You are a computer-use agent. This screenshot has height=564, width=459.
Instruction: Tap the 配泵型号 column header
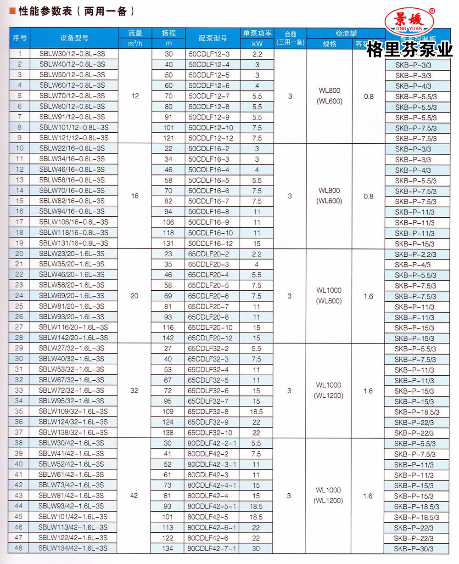point(213,38)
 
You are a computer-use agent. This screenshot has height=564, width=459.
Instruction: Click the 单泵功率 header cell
point(257,33)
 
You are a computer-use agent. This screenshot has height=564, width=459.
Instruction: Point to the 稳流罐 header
point(346,33)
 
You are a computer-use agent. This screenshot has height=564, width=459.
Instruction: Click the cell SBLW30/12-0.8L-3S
point(72,54)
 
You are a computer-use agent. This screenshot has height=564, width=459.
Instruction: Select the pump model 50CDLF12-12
point(211,138)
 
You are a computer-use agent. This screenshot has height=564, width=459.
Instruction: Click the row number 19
point(19,243)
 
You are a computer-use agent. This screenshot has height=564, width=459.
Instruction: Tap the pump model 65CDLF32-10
point(211,433)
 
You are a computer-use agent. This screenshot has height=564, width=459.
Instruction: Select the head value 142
point(168,338)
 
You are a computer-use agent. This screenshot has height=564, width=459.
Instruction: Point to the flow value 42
point(134,496)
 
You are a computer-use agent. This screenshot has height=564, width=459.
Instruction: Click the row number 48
point(19,548)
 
